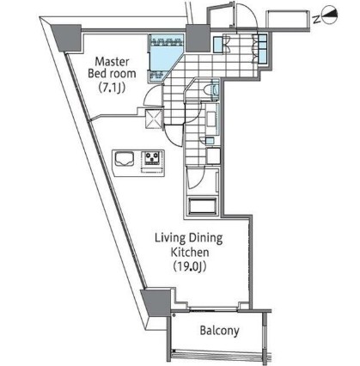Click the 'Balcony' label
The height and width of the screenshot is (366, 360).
(219, 330)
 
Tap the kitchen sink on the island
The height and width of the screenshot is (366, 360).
(124, 159)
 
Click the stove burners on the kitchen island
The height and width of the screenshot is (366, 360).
(152, 159)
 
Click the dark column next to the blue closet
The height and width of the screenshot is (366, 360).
(194, 39)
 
